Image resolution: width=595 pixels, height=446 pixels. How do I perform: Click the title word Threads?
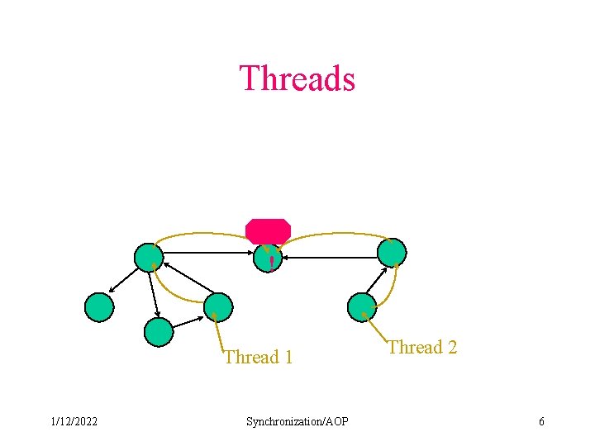pyautogui.click(x=297, y=78)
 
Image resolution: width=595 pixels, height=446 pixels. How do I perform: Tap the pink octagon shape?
pyautogui.click(x=268, y=230)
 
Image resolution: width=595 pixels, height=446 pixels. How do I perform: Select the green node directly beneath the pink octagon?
pyautogui.click(x=268, y=259)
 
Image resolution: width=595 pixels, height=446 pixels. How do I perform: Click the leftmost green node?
pyautogui.click(x=99, y=306)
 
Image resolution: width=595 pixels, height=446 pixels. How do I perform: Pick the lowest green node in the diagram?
pyautogui.click(x=158, y=331)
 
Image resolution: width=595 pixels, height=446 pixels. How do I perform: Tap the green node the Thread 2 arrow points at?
pyautogui.click(x=362, y=306)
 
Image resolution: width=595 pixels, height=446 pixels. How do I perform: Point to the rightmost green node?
pyautogui.click(x=392, y=252)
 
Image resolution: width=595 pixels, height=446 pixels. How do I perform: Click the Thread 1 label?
pyautogui.click(x=259, y=358)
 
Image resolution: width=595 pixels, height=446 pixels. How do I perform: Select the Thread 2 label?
pyautogui.click(x=422, y=347)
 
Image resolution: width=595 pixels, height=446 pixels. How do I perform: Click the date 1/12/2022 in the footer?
pyautogui.click(x=74, y=422)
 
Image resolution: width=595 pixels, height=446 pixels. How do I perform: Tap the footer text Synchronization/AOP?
pyautogui.click(x=297, y=422)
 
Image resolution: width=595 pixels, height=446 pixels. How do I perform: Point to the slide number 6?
pyautogui.click(x=541, y=422)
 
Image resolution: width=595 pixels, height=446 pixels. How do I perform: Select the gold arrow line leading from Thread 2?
pyautogui.click(x=376, y=329)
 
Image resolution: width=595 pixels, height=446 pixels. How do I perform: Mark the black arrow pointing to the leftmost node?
pyautogui.click(x=124, y=282)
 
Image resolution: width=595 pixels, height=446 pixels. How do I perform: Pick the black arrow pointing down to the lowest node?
pyautogui.click(x=154, y=293)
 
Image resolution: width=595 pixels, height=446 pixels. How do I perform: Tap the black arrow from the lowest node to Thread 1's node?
pyautogui.click(x=188, y=320)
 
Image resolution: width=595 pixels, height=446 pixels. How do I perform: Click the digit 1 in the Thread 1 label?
pyautogui.click(x=288, y=358)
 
